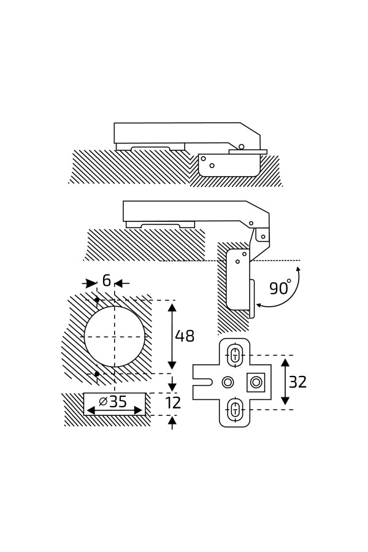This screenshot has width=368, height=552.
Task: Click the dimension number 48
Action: click(x=185, y=336)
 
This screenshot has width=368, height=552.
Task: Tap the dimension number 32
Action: click(x=297, y=382)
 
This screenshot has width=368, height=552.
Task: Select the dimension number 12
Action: click(x=173, y=403)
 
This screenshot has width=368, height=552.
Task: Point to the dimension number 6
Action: click(x=106, y=280)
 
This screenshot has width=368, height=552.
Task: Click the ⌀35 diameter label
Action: click(x=113, y=401)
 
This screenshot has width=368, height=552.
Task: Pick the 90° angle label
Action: click(x=280, y=288)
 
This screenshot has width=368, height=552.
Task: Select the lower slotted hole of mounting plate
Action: click(x=234, y=410)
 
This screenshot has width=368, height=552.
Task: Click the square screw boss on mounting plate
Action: click(x=256, y=382)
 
